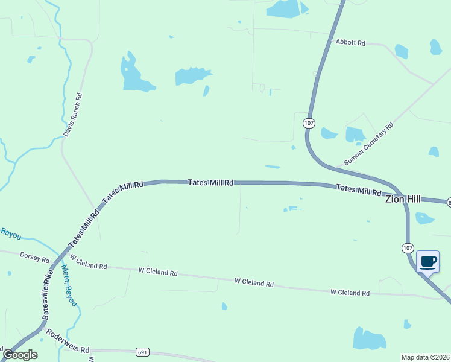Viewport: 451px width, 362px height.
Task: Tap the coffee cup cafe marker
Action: coord(428,262)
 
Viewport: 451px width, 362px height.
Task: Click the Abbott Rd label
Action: coord(351,43)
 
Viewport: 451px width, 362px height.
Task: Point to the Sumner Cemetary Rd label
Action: coord(368,144)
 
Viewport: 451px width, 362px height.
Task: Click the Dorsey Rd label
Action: coord(34,257)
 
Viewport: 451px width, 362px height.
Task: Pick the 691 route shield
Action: coord(142,352)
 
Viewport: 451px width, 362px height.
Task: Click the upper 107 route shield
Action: coord(309,123)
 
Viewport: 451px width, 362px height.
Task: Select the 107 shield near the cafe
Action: coord(408,248)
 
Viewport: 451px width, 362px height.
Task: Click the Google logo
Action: coord(20,355)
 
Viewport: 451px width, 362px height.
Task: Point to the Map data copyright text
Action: coord(425,357)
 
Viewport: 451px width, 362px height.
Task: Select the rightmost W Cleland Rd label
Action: coord(350,293)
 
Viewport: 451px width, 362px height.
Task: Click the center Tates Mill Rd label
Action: coord(210,182)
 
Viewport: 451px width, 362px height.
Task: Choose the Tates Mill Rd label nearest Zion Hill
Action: coord(359,189)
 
